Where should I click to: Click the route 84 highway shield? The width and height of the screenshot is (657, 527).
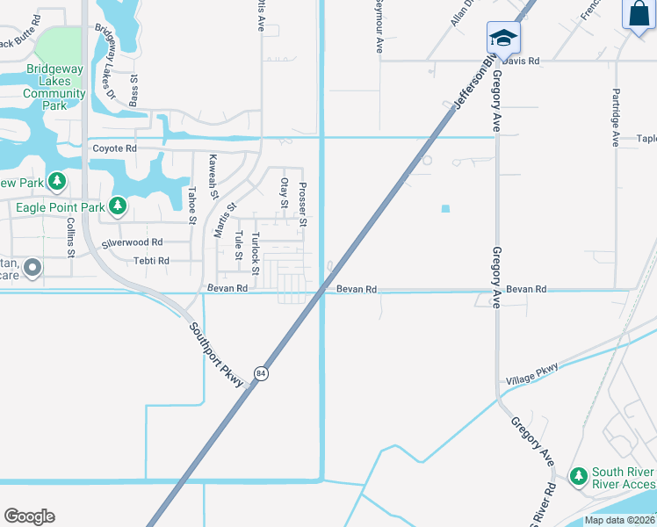[x=261, y=373]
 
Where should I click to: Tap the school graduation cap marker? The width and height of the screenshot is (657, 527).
[x=503, y=38]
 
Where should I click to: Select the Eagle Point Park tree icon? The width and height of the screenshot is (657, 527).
[x=117, y=207]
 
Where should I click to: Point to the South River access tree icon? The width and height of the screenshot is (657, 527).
[x=578, y=476]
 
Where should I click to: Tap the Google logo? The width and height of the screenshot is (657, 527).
[x=29, y=516]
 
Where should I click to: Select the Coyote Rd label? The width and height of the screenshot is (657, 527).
[x=114, y=149]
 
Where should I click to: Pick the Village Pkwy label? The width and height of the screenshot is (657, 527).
[x=531, y=374]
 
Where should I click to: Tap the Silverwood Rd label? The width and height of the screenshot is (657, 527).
[x=132, y=242]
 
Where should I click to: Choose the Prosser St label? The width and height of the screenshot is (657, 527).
[x=302, y=204]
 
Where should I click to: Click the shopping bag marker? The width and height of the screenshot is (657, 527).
[x=639, y=15]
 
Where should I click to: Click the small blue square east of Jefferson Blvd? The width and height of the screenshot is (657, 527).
[x=445, y=208]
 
